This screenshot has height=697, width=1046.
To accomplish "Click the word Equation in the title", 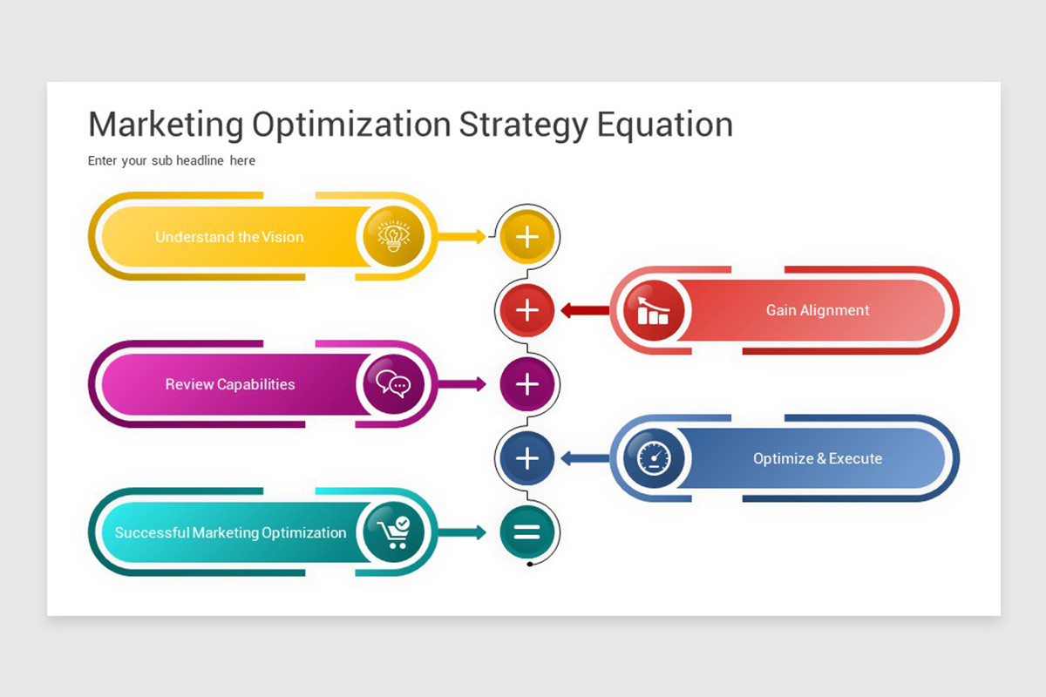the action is tap(665, 125).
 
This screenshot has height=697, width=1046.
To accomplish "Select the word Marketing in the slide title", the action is tap(166, 125).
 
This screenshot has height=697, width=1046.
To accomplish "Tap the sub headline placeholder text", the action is tap(172, 160).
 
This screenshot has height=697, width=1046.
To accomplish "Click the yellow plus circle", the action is tap(527, 237).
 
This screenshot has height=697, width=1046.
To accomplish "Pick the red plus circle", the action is tap(527, 310).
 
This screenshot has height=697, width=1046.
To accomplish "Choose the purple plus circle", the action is tap(527, 384).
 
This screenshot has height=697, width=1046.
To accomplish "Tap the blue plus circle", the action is tap(527, 458).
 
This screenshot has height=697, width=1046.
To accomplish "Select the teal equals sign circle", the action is tap(527, 531).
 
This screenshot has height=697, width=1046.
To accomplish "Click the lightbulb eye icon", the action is tap(393, 236).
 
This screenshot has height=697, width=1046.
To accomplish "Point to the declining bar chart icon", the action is tap(653, 310).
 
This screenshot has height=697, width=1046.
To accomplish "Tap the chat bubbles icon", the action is tap(393, 383).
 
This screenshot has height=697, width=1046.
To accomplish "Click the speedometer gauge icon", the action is tap(654, 458).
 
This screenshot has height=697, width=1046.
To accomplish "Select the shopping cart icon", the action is tap(394, 532).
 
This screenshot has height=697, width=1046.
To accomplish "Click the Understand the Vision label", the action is tap(229, 237).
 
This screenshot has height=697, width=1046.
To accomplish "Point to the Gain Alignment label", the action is tap(818, 310).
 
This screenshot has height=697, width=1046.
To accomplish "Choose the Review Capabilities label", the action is tap(230, 384).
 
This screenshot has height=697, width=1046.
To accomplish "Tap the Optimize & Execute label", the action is tap(818, 458).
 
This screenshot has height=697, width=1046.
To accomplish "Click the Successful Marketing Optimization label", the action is tap(231, 532).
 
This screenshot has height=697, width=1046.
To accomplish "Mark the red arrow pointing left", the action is tap(585, 310).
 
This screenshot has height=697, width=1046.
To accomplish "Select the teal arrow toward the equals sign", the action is tap(462, 532).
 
